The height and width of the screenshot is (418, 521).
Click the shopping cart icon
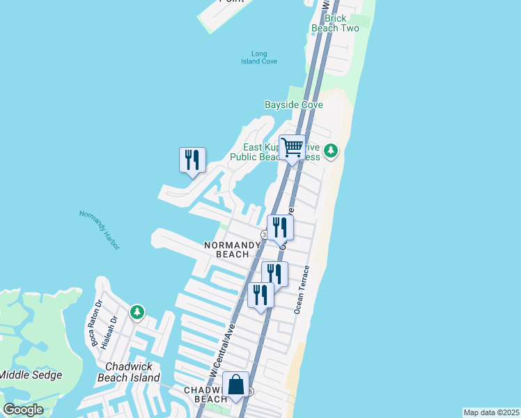coord(293,148)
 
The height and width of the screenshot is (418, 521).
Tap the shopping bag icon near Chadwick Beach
coord(235,384)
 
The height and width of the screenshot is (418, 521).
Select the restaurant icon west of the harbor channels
coord(192,160)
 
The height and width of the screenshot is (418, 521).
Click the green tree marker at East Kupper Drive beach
coord(332,150)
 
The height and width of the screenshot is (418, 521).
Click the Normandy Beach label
coord(227,249)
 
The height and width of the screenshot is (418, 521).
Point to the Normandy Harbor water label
coord(99,231)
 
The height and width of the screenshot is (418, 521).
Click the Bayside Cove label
coord(294,104)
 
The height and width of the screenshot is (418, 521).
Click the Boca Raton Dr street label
coord(95,323)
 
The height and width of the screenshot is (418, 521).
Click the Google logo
coord(24,410)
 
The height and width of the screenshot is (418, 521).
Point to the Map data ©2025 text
coord(492,412)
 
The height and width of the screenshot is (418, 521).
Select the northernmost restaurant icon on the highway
coord(280,227)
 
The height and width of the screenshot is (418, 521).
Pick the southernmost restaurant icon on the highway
coord(260,295)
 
